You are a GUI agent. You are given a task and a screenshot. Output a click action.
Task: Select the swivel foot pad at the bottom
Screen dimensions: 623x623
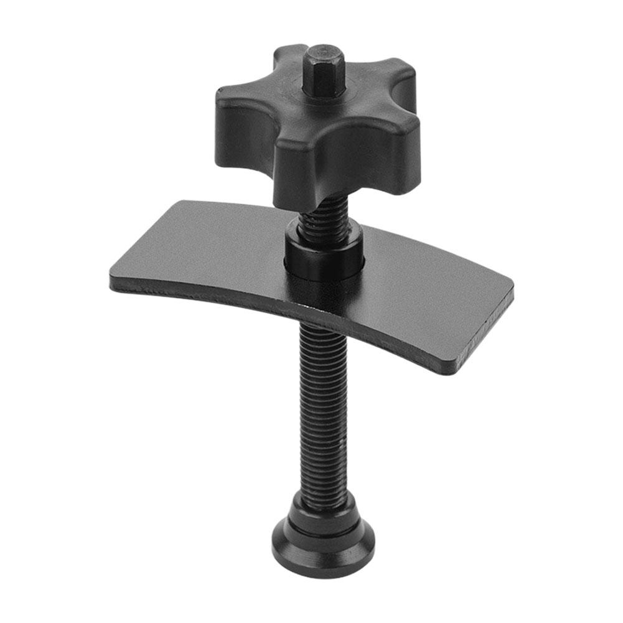(324, 541)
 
